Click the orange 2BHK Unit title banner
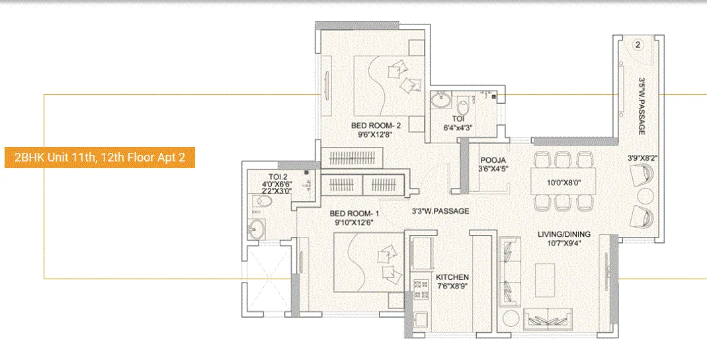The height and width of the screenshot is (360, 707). click(100, 158)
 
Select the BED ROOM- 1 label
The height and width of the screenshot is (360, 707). click(354, 213)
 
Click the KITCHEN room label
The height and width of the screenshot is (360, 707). click(452, 277)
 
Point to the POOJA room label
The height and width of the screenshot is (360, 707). click(493, 159)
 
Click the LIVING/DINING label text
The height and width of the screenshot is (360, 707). click(563, 234)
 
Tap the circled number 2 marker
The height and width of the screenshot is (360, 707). click(637, 45)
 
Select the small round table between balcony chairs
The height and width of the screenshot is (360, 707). click(645, 196)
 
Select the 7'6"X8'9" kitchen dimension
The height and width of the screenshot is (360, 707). click(452, 287)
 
